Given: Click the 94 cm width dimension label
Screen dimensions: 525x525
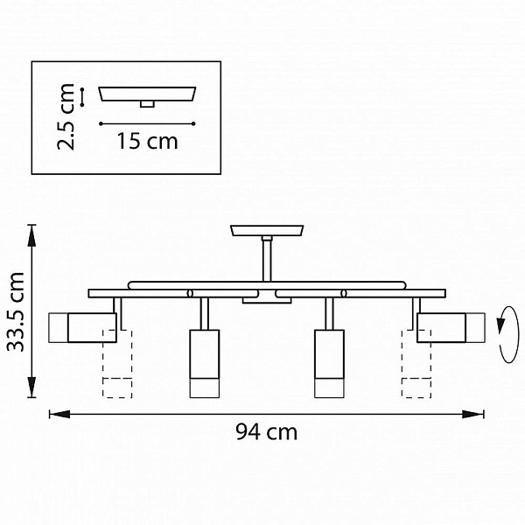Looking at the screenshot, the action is [266, 432].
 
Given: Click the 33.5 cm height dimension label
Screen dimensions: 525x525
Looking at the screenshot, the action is [16, 311].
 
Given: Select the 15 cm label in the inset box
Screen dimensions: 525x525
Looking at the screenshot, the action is [147, 141].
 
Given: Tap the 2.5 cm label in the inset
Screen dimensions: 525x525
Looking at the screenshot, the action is [66, 117].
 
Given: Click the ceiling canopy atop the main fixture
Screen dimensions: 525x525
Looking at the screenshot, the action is [267, 230].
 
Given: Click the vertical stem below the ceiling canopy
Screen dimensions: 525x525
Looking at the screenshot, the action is [267, 259].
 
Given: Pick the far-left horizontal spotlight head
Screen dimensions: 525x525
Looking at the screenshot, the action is [82, 327].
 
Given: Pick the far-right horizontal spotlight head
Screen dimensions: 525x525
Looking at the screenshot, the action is [451, 327].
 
